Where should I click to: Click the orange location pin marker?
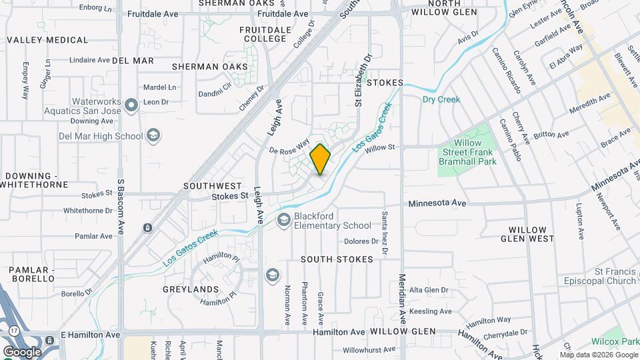pyautogui.click(x=320, y=159)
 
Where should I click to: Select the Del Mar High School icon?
pyautogui.click(x=153, y=136)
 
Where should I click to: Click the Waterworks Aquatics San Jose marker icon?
pyautogui.click(x=131, y=104)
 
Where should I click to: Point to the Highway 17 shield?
pyautogui.click(x=14, y=331)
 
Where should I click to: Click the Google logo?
pyautogui.click(x=22, y=351)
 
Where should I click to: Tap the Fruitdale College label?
pyautogui.click(x=265, y=34)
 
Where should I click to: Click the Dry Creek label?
pyautogui.click(x=441, y=99)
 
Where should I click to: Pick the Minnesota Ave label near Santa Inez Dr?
pyautogui.click(x=437, y=203)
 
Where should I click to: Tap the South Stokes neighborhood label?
pyautogui.click(x=337, y=259)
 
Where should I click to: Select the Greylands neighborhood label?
pyautogui.click(x=191, y=289)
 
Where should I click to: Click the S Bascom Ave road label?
pyautogui.click(x=121, y=207)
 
